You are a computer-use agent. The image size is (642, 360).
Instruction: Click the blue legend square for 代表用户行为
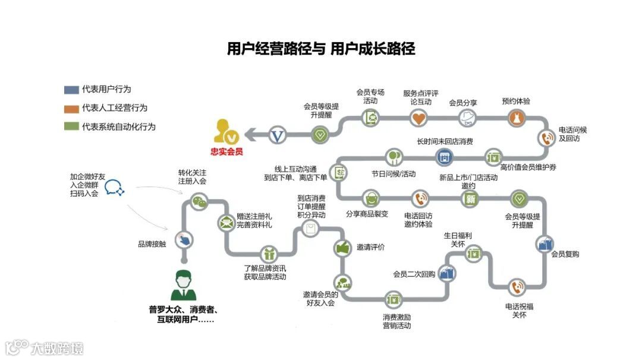[x=71, y=90]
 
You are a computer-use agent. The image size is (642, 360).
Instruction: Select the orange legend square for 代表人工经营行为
[x=71, y=108]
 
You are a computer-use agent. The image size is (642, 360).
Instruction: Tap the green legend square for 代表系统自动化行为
[x=71, y=127]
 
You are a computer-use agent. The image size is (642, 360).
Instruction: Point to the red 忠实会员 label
[x=227, y=152]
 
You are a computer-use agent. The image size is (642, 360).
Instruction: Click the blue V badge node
[x=278, y=135]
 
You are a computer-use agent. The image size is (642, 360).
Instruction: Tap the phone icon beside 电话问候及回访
[x=546, y=138]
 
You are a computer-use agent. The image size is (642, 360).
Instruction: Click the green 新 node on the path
[x=470, y=199]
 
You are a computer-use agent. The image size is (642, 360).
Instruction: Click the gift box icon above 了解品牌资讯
[x=269, y=254]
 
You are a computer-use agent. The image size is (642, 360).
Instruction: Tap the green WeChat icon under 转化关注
[x=200, y=201]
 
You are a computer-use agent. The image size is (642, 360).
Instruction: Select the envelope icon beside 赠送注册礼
[x=226, y=223]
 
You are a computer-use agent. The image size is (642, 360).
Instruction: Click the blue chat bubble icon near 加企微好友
[x=115, y=188]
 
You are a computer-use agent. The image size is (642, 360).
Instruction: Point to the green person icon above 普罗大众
[x=184, y=284]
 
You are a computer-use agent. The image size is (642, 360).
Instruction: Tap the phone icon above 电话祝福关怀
[x=517, y=288]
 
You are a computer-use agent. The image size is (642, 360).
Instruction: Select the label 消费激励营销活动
[x=396, y=321]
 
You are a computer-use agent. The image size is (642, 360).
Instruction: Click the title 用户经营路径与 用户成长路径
[x=321, y=49]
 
